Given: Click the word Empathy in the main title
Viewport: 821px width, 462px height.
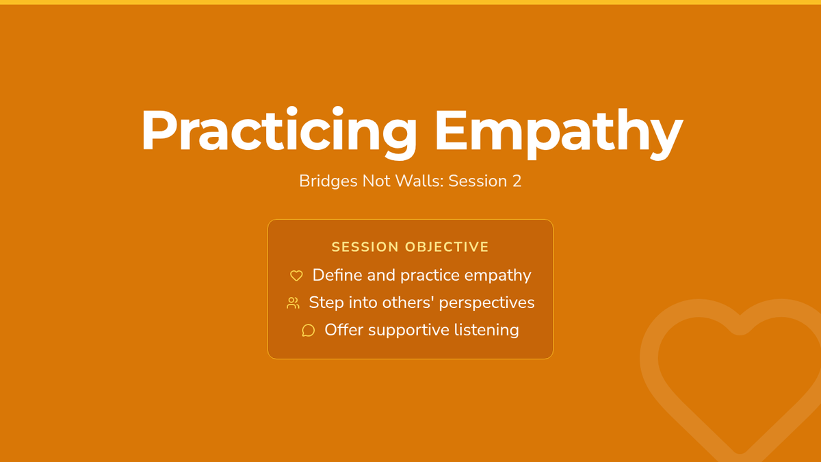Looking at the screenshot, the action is [x=558, y=133].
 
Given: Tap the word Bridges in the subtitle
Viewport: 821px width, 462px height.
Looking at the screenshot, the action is [x=328, y=181].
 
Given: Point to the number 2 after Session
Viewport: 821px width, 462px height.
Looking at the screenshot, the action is [x=517, y=181].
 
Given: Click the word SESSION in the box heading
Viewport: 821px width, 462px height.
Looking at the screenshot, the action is [x=365, y=247].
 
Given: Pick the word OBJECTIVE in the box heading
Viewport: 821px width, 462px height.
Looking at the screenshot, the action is [x=447, y=247].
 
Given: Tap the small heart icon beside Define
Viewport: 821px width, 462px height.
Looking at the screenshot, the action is [x=296, y=275].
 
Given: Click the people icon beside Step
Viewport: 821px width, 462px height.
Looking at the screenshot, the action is [x=293, y=303].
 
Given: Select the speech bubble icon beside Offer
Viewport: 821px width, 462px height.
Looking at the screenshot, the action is [x=309, y=331].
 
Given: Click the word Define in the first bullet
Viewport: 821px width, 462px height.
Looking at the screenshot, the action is [x=337, y=275].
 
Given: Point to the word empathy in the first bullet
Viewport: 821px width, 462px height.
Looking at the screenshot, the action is [x=498, y=276].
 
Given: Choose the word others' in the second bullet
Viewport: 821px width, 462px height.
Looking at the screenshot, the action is [x=408, y=302].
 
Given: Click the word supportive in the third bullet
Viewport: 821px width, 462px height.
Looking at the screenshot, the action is [x=408, y=331].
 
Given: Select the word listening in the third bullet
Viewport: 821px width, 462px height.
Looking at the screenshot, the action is [x=486, y=331].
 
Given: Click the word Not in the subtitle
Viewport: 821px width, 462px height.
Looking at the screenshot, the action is [x=376, y=181].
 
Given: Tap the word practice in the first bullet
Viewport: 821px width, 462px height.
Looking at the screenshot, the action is [x=430, y=276].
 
